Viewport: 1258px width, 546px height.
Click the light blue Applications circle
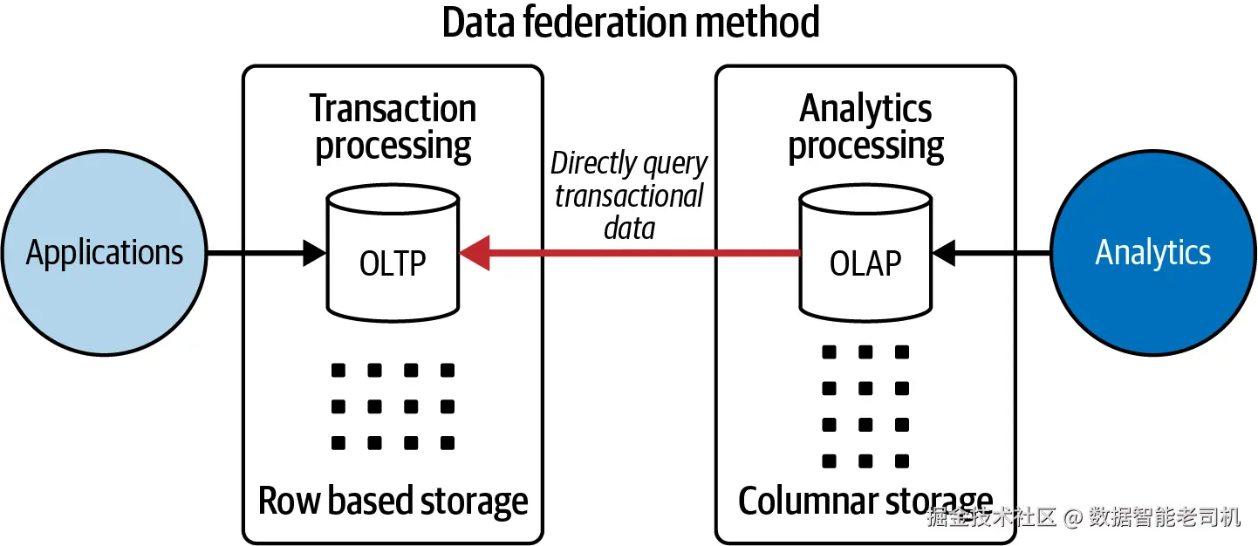[x=105, y=253]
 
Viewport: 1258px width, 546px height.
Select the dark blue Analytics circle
[x=1153, y=253]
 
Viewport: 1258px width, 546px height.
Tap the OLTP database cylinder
[x=393, y=253]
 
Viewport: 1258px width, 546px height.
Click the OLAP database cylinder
[x=866, y=253]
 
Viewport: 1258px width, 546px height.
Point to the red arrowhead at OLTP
[x=475, y=253]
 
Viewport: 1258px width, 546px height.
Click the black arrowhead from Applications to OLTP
[x=314, y=253]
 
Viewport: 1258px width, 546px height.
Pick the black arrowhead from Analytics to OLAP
[x=944, y=253]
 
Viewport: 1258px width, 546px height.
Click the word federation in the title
[x=605, y=23]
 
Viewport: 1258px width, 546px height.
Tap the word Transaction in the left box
[x=393, y=108]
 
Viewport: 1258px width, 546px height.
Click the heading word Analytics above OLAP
[x=865, y=110]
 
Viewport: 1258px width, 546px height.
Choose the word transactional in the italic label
[x=630, y=196]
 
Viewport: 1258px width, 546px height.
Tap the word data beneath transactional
[x=630, y=229]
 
